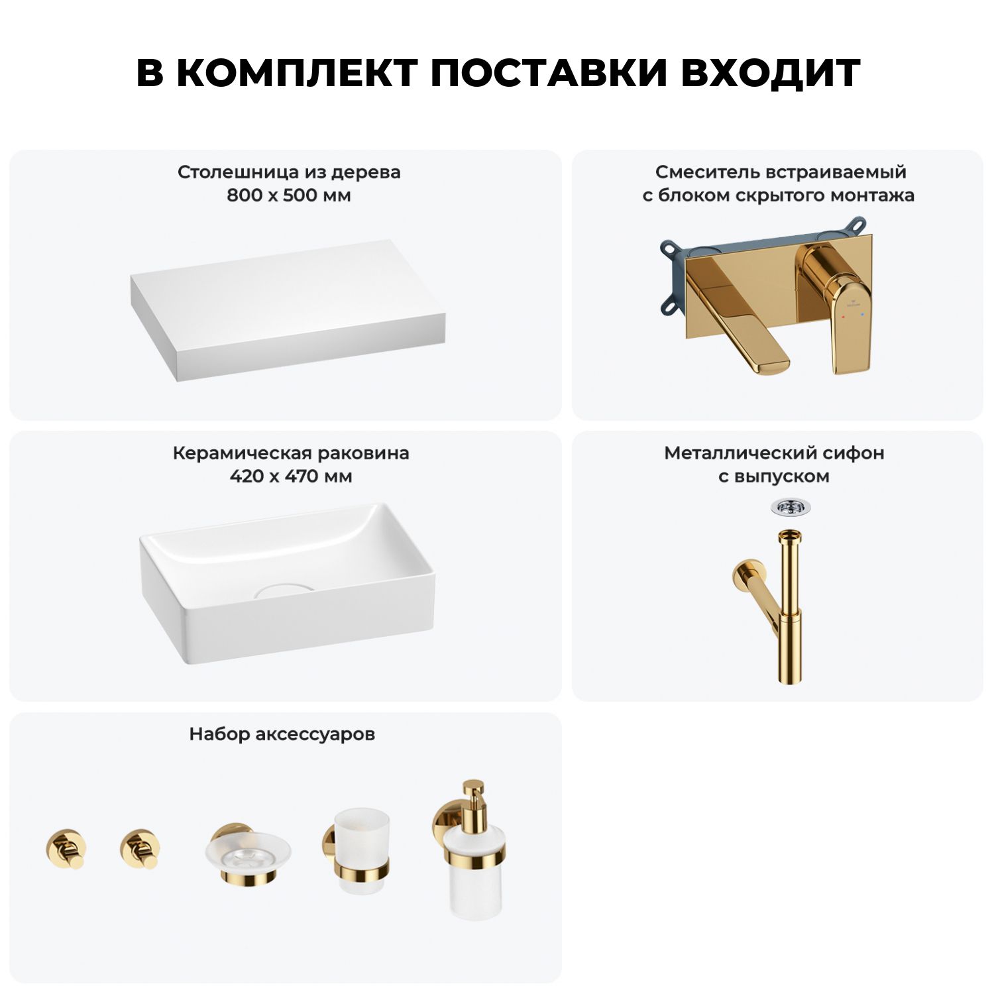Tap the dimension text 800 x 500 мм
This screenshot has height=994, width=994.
(289, 195)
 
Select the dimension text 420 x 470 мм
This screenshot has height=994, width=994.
(291, 476)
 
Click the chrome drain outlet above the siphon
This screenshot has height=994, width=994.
(790, 507)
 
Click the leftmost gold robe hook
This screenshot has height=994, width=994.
(66, 848)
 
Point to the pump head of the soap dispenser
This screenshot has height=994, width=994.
(473, 795)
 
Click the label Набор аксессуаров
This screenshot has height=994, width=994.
(282, 734)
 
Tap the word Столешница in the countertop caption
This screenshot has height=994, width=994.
(239, 172)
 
